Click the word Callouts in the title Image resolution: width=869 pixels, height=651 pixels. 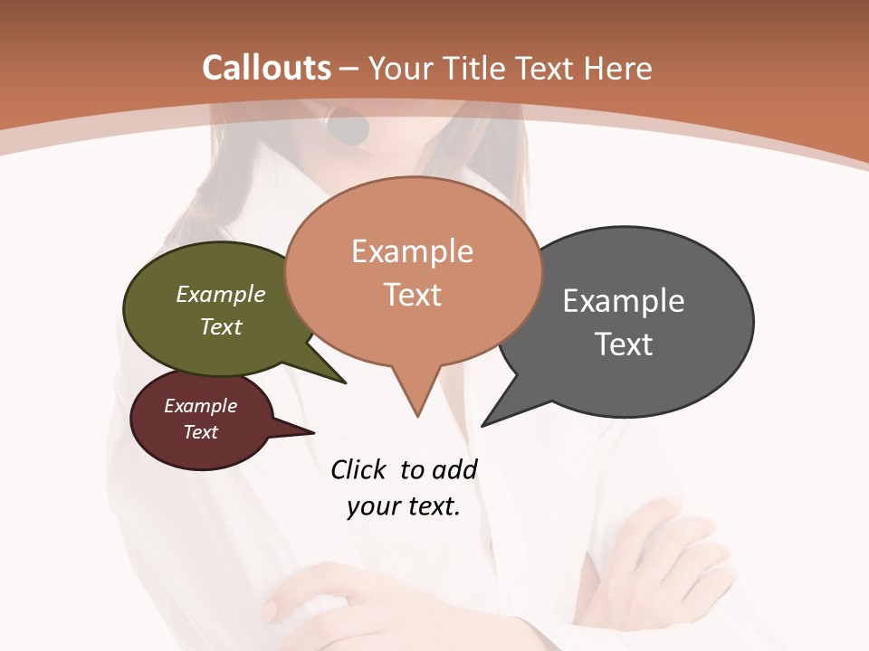click(x=266, y=68)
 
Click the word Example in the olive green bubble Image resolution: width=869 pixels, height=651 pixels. click(x=221, y=294)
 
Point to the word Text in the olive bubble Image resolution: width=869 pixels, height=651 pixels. click(x=221, y=326)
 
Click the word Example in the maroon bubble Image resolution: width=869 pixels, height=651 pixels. click(x=200, y=406)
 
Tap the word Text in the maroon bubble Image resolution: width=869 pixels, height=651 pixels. click(x=200, y=432)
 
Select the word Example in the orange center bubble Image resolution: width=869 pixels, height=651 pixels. click(x=412, y=251)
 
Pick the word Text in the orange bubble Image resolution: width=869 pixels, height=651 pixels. click(x=412, y=295)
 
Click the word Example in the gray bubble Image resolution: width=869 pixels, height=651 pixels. click(x=624, y=300)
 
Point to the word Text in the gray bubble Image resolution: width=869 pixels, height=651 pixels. click(x=624, y=344)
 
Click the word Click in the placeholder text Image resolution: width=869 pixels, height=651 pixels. click(x=358, y=470)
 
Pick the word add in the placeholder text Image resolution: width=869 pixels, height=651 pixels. click(x=454, y=470)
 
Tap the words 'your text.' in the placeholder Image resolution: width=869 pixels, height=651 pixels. click(x=404, y=506)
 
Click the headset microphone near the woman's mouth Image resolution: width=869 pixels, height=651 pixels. click(x=349, y=127)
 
